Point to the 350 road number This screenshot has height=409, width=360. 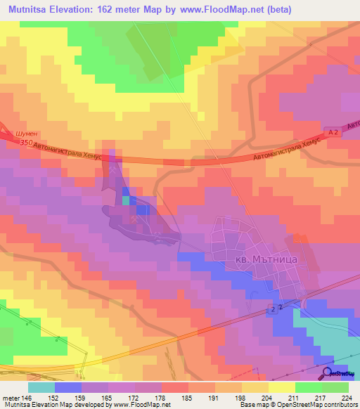pos(27,142)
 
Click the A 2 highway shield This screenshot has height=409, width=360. pos(333,131)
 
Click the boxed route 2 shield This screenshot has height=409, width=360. pos(281,308)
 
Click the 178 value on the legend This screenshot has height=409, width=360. pos(161,397)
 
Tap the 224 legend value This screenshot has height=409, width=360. pos(348,397)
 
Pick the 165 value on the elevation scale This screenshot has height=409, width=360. pos(108,397)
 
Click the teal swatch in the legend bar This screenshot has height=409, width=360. pos(41,387)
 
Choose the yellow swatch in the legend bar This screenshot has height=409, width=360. pos(282,387)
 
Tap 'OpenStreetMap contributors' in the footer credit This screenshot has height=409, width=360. pos(316,405)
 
